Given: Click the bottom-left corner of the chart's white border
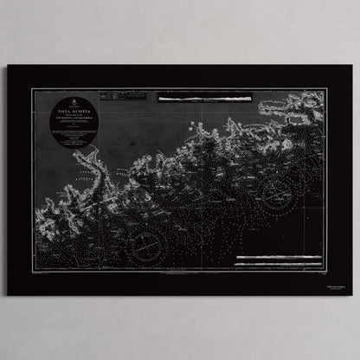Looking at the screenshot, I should [x=34, y=270].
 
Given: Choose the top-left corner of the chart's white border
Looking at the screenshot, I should [x=34, y=88].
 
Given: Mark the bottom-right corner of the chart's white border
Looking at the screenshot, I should [x=327, y=270].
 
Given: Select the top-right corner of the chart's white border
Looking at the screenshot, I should [x=327, y=88].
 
